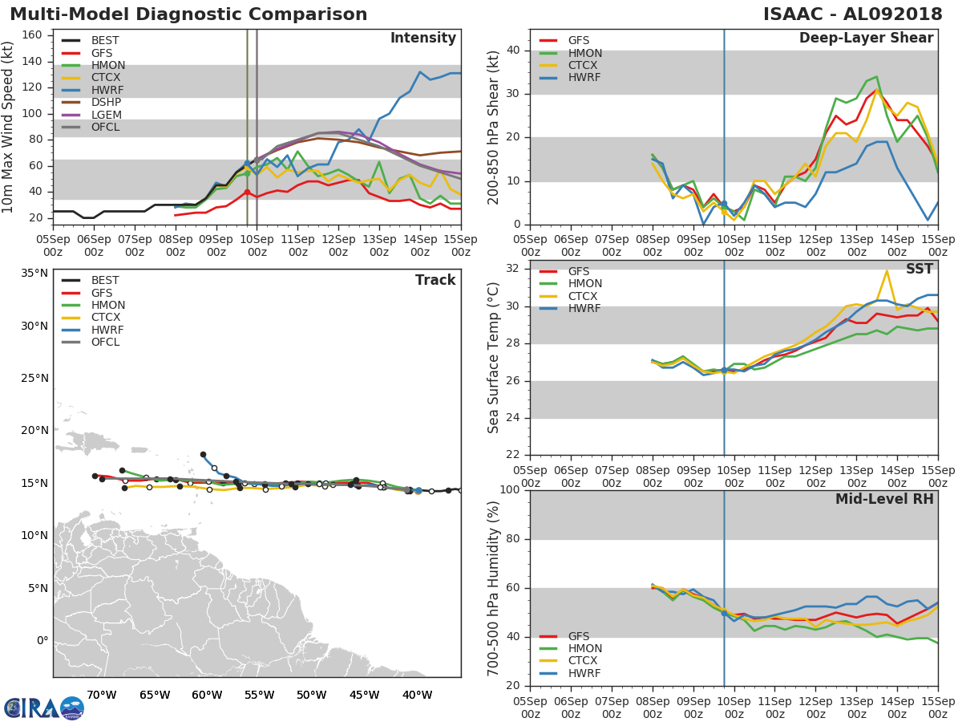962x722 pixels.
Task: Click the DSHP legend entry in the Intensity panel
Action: click(x=91, y=102)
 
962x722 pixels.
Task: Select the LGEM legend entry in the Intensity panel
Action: click(x=91, y=115)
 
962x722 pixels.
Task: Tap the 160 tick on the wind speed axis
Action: click(x=32, y=35)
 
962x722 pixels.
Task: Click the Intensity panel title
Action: click(x=423, y=39)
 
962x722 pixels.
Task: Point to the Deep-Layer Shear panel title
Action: click(x=866, y=39)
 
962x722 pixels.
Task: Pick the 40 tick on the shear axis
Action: click(x=513, y=50)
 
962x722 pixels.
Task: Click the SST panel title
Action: click(x=920, y=269)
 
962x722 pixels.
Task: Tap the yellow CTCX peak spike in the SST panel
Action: click(x=887, y=271)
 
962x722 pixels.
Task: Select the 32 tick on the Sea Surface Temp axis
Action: click(x=513, y=269)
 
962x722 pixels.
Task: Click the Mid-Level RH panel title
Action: click(x=884, y=499)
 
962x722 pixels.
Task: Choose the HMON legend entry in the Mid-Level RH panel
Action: click(x=570, y=648)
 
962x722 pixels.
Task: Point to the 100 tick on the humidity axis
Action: click(x=510, y=489)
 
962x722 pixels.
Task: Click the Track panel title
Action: click(x=435, y=280)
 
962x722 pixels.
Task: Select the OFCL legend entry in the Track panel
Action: click(x=91, y=343)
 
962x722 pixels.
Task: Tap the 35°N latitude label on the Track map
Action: click(x=34, y=273)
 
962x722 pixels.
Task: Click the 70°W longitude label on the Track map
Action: click(x=102, y=695)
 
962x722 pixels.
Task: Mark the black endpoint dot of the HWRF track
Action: click(x=203, y=455)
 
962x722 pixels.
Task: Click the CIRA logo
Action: click(x=44, y=708)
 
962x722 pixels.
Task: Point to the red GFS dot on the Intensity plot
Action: click(x=247, y=192)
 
